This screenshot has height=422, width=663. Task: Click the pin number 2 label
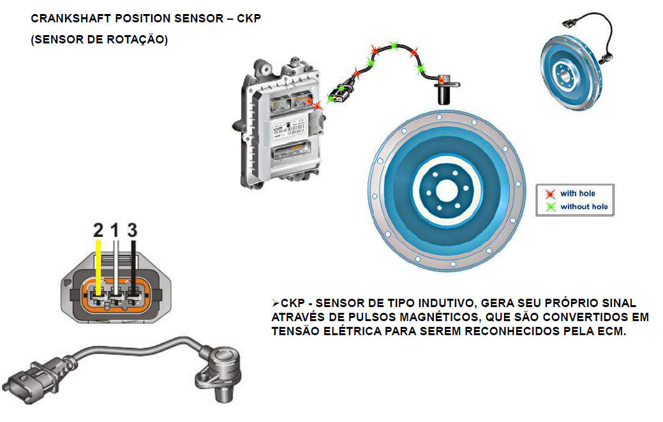98,230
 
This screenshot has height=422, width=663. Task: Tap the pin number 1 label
115,230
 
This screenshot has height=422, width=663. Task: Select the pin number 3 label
132,230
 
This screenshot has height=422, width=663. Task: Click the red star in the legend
550,193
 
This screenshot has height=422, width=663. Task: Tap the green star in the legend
550,207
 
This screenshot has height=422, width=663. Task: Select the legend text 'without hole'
584,207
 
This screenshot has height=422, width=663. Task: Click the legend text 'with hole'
577,193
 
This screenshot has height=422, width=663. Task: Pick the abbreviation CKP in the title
249,19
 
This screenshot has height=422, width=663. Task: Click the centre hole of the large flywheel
447,191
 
